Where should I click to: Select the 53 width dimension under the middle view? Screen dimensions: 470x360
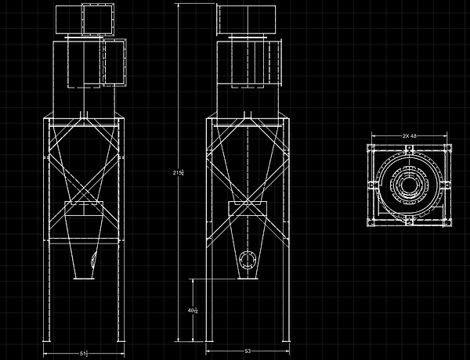(x=248, y=352)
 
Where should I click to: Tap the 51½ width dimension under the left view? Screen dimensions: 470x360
(x=84, y=354)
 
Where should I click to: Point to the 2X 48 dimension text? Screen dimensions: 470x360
(x=408, y=136)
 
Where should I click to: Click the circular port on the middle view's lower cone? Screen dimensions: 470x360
(x=248, y=260)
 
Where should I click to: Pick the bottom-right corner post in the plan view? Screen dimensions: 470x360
(x=445, y=221)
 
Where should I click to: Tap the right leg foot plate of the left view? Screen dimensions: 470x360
(x=119, y=342)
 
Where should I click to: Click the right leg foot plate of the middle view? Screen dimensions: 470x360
(x=284, y=342)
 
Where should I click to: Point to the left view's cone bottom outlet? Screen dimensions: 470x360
(x=83, y=275)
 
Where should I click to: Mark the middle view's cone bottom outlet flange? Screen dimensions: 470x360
(x=248, y=276)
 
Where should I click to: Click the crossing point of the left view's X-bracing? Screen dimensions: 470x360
(x=84, y=181)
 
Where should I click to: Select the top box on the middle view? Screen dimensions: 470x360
(x=248, y=20)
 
